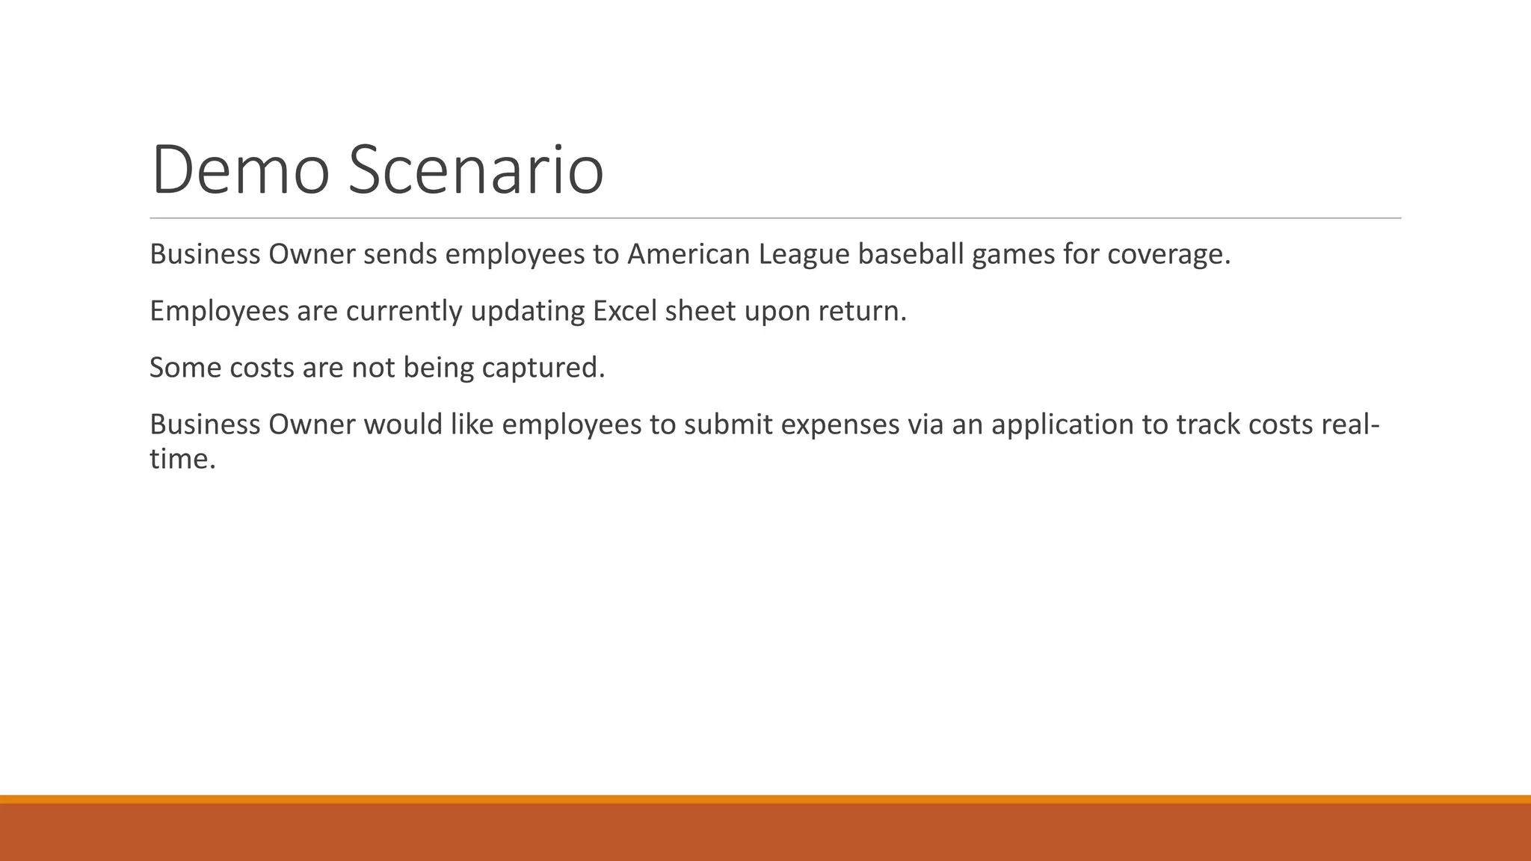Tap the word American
(x=688, y=254)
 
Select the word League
(x=804, y=254)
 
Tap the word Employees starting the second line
(x=219, y=311)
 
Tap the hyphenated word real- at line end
(x=1350, y=425)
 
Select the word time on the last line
(x=179, y=458)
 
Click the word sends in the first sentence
(x=400, y=254)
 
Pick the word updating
(x=527, y=311)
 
